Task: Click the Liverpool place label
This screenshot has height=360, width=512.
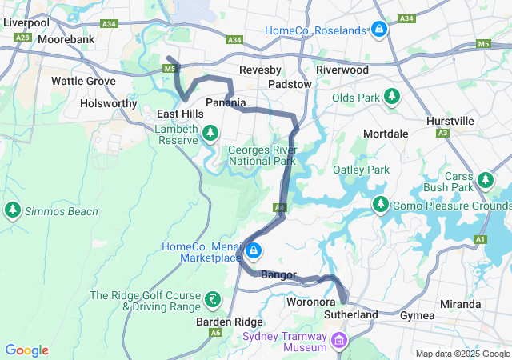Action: click(26, 23)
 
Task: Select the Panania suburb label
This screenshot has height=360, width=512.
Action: click(226, 102)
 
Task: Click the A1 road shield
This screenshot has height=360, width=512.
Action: click(480, 239)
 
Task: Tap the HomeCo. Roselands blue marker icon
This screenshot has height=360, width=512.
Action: click(378, 30)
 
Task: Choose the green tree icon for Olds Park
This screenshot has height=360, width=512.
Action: click(391, 98)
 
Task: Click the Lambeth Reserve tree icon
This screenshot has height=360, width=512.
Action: click(210, 133)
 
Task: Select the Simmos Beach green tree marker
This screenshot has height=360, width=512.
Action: click(12, 211)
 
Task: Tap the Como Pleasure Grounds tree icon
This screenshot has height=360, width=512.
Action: click(380, 206)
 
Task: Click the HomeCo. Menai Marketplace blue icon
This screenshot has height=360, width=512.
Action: click(254, 252)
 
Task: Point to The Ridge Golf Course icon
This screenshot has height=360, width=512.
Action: click(213, 301)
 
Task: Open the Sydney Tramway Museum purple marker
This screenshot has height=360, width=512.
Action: click(339, 343)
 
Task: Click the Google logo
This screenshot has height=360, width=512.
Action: click(26, 350)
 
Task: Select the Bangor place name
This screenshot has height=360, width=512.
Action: click(278, 275)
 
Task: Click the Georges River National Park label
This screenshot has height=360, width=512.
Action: click(262, 155)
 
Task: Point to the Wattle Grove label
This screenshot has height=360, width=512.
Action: click(83, 81)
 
